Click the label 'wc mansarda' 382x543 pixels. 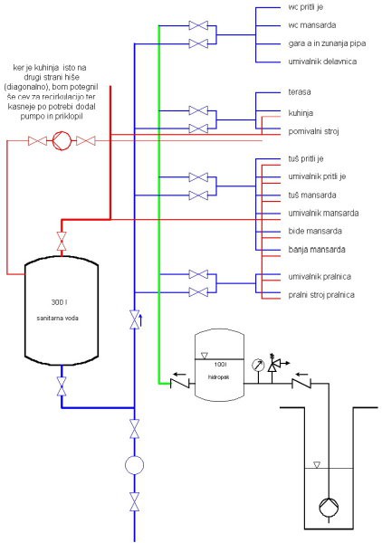click(x=311, y=25)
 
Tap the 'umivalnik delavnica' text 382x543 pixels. click(x=322, y=62)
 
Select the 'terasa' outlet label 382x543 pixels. click(x=300, y=91)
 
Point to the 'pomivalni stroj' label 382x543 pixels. click(x=313, y=131)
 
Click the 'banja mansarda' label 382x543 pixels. click(x=317, y=250)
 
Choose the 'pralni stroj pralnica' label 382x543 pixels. click(x=321, y=295)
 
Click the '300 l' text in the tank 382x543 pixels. click(x=59, y=302)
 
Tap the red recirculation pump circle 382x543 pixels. click(x=62, y=140)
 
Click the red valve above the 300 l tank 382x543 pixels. click(x=62, y=241)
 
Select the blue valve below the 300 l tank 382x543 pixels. click(x=62, y=386)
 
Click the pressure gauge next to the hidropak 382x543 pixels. click(x=258, y=365)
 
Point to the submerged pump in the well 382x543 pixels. click(x=329, y=508)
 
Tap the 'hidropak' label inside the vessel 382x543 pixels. click(x=218, y=376)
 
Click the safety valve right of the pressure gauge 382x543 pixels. click(x=273, y=364)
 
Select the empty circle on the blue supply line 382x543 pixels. click(x=134, y=465)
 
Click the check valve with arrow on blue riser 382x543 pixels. click(x=135, y=319)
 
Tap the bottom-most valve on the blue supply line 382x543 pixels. click(x=134, y=501)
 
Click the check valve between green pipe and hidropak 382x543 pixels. click(x=180, y=384)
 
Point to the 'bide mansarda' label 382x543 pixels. click(x=315, y=231)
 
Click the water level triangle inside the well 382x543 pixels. click(x=317, y=465)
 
